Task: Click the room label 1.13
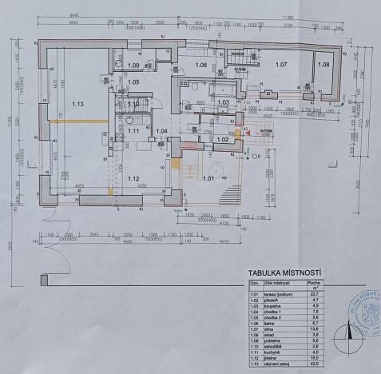point(77,104)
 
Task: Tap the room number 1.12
point(133,178)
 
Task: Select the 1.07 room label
point(281,64)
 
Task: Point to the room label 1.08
point(323,64)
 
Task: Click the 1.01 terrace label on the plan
point(209,179)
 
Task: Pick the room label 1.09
point(133,66)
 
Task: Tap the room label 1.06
point(201,65)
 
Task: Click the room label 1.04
point(161,130)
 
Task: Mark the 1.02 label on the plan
point(224,140)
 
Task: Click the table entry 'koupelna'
point(267,304)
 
